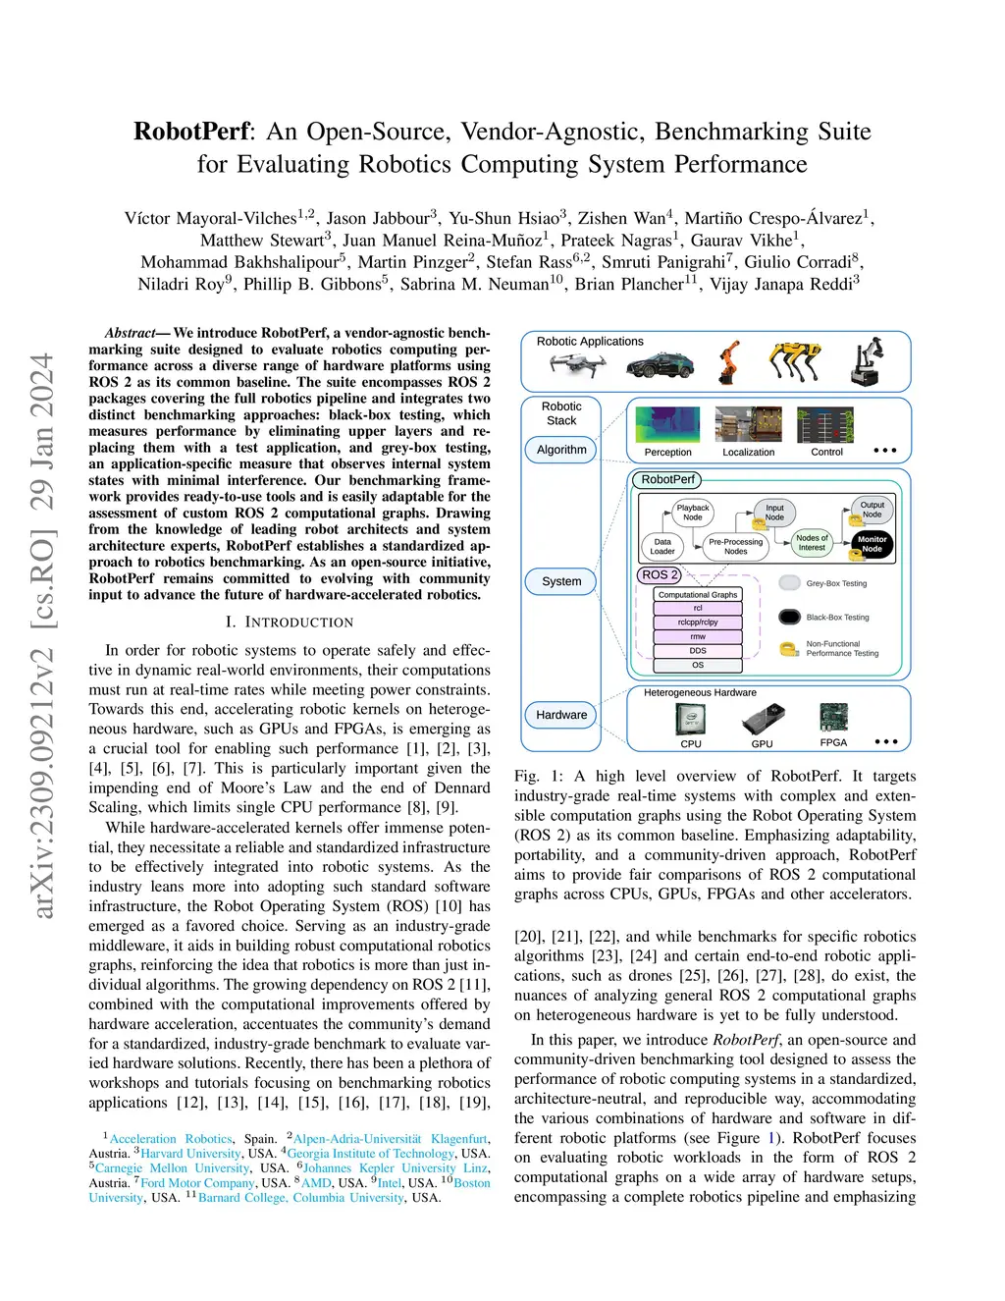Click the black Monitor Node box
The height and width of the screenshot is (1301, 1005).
pyautogui.click(x=872, y=544)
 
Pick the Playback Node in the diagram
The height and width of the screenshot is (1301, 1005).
pyautogui.click(x=693, y=513)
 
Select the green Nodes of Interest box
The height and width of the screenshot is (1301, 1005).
pyautogui.click(x=812, y=542)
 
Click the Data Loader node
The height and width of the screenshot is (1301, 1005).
pyautogui.click(x=662, y=546)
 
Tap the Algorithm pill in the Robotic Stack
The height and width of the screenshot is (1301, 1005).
pyautogui.click(x=561, y=450)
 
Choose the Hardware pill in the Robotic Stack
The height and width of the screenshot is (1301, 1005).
pyautogui.click(x=561, y=715)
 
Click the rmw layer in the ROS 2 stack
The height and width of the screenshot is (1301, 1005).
pyautogui.click(x=698, y=636)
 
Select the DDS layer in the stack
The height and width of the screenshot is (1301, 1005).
pyautogui.click(x=698, y=650)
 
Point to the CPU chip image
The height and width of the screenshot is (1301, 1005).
pyautogui.click(x=691, y=720)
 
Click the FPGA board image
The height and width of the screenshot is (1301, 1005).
pyautogui.click(x=833, y=717)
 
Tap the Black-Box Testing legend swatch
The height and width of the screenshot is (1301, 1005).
pyautogui.click(x=790, y=617)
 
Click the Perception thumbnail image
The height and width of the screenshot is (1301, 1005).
pyautogui.click(x=667, y=425)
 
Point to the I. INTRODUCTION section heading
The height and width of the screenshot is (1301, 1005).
pyautogui.click(x=290, y=623)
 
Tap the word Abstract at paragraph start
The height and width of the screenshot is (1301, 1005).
pyautogui.click(x=130, y=333)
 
